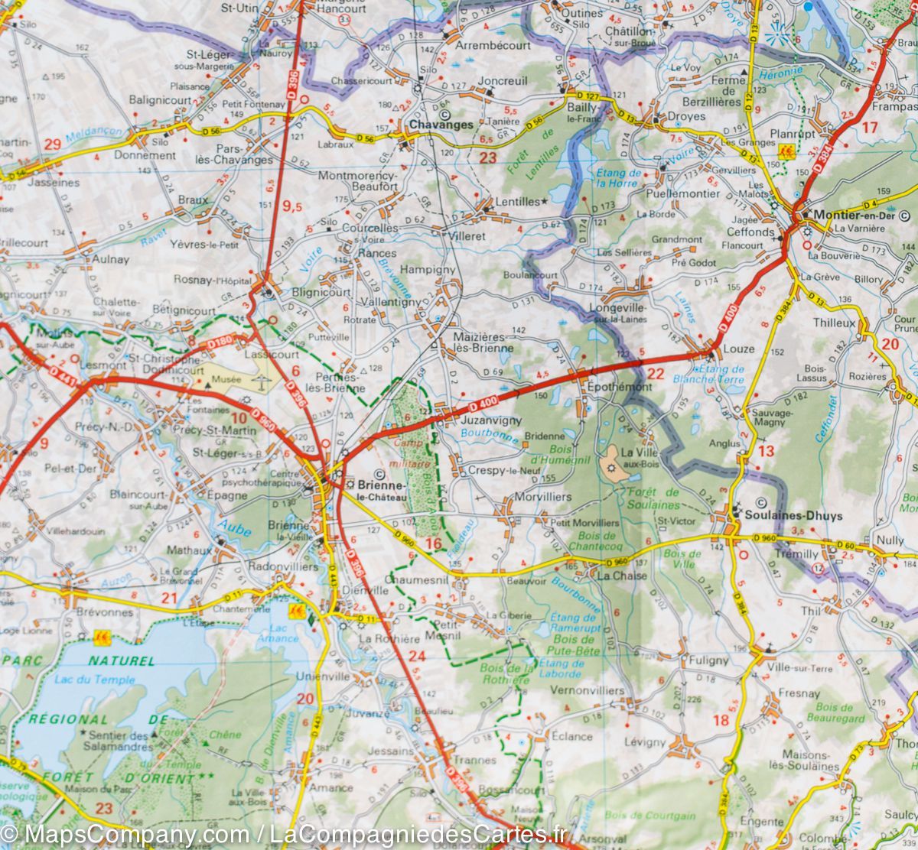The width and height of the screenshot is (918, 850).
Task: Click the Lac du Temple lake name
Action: coord(95,680)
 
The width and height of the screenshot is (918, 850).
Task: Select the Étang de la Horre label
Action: coord(617,179)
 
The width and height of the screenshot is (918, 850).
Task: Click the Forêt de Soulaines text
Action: coord(653,498)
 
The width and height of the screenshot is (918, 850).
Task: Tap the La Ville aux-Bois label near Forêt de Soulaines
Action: coord(640,457)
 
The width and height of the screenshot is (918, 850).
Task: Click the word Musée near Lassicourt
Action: coord(226,379)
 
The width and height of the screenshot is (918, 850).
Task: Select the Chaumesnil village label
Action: coord(414,581)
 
